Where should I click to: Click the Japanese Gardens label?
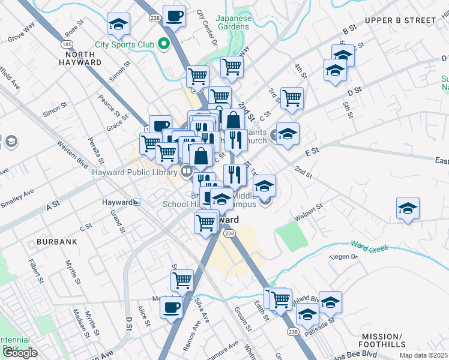[232, 22]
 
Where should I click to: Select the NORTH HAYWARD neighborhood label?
[80, 58]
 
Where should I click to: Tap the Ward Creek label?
[370, 247]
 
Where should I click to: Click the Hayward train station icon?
[137, 203]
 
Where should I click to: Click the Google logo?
[20, 353]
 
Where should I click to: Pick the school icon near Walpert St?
[408, 208]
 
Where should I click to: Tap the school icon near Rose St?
[118, 25]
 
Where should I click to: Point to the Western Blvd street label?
[72, 153]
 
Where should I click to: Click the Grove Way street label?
[22, 34]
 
